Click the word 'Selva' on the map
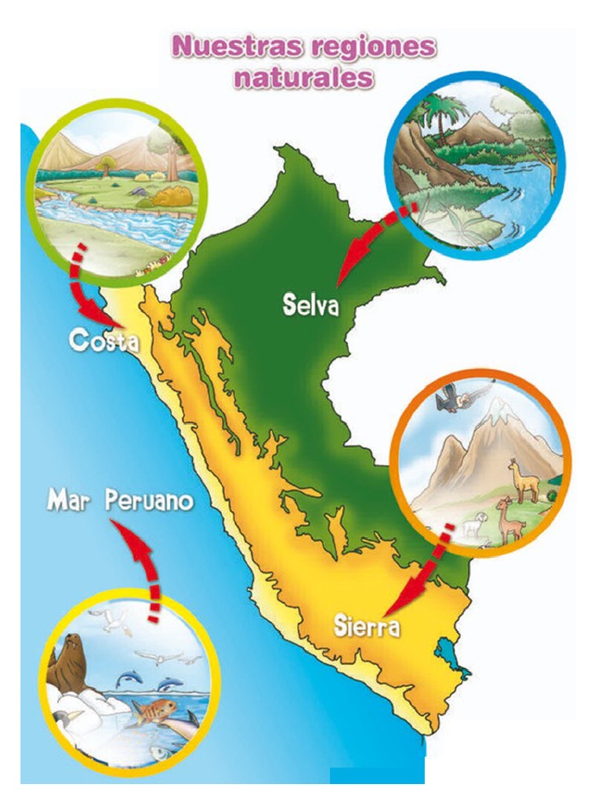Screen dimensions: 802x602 click(310, 305)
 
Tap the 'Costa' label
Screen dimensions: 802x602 click(103, 341)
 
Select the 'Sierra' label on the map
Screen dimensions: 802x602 click(367, 627)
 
